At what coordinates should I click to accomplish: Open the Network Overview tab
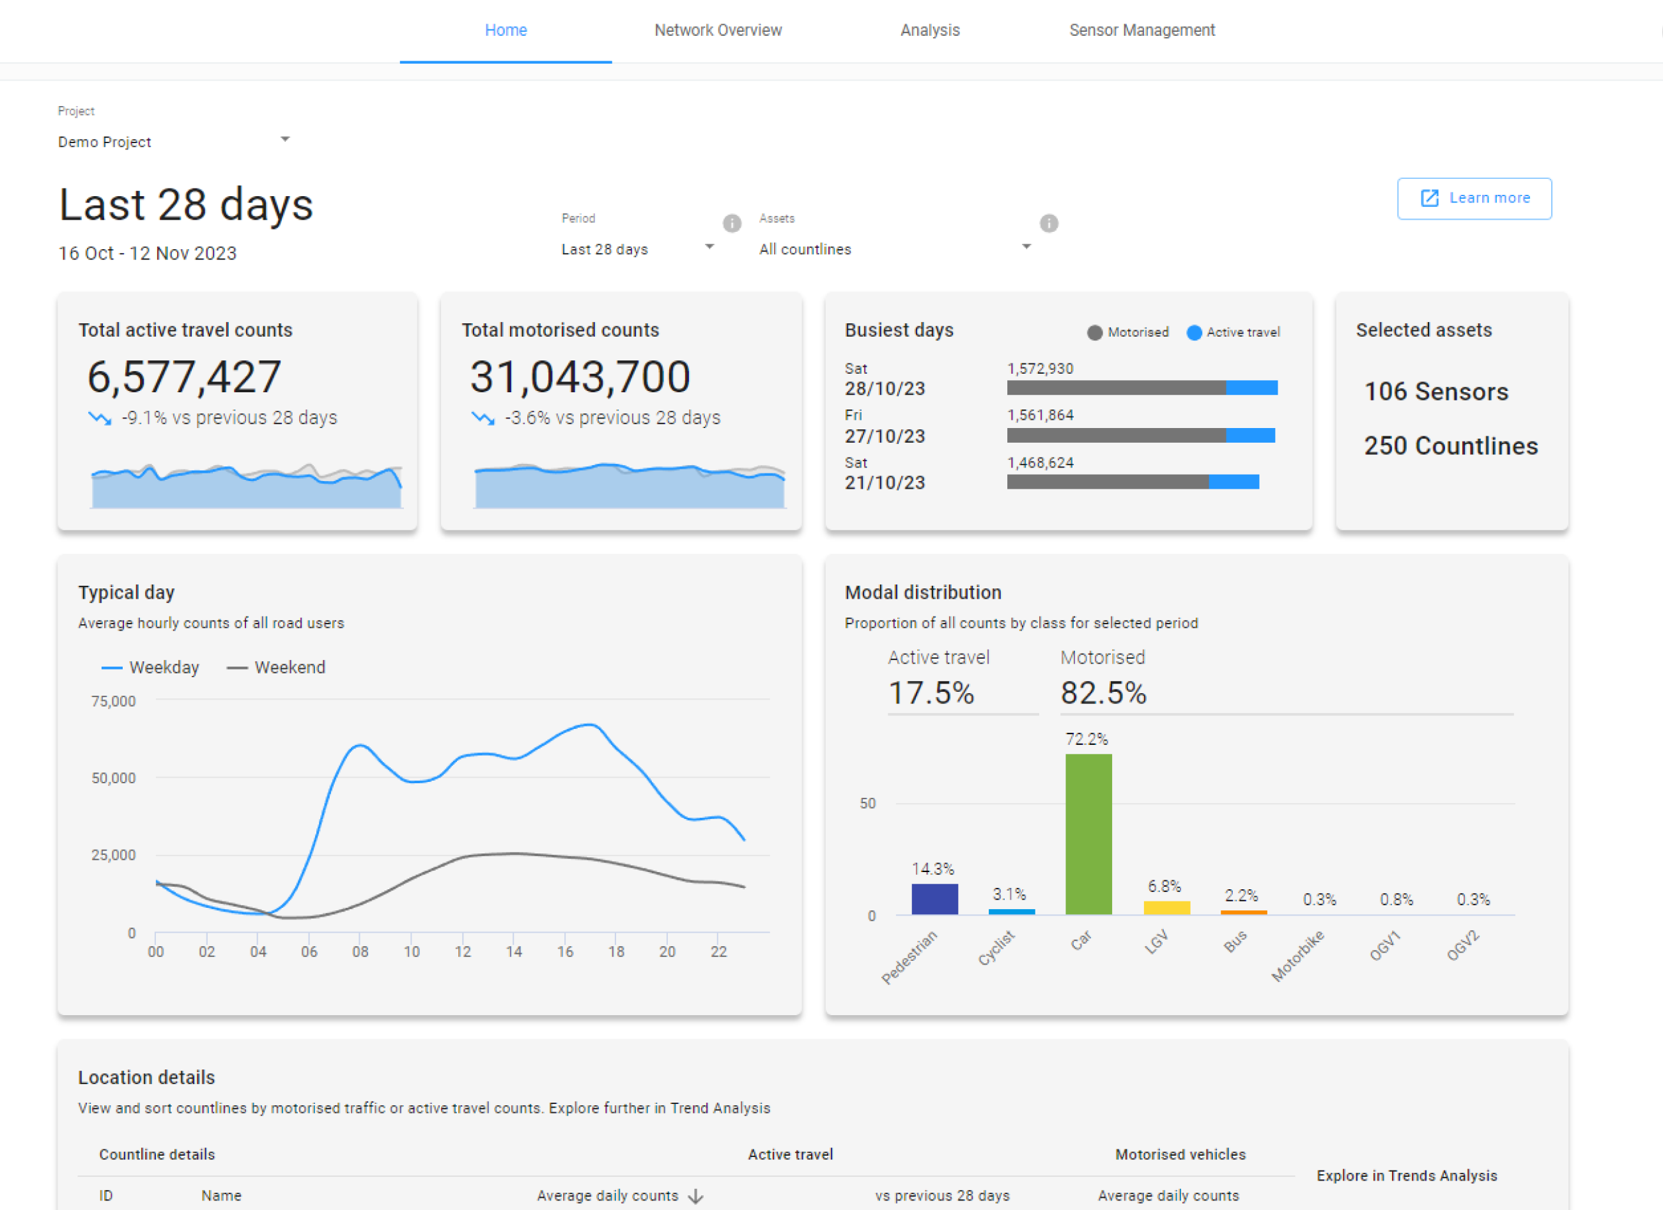tap(718, 30)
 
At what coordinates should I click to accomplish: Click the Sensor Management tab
tap(1141, 30)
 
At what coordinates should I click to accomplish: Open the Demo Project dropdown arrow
tap(285, 139)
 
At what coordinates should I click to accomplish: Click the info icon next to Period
tap(732, 223)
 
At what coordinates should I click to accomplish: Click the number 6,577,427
tap(184, 377)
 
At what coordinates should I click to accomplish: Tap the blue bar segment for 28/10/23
tap(1251, 388)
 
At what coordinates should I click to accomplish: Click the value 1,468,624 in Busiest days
tap(1040, 463)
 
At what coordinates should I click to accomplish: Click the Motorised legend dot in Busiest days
tap(1095, 333)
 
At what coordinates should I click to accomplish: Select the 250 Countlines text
tap(1450, 445)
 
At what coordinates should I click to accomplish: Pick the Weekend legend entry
tap(277, 667)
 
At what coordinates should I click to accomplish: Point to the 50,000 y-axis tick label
tap(113, 777)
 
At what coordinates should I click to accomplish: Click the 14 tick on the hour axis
tap(514, 951)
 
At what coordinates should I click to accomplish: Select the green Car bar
tap(1088, 833)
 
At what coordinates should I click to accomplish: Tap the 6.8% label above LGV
tap(1164, 886)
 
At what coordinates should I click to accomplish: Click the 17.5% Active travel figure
tap(931, 693)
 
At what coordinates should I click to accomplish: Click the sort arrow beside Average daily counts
tap(696, 1196)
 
